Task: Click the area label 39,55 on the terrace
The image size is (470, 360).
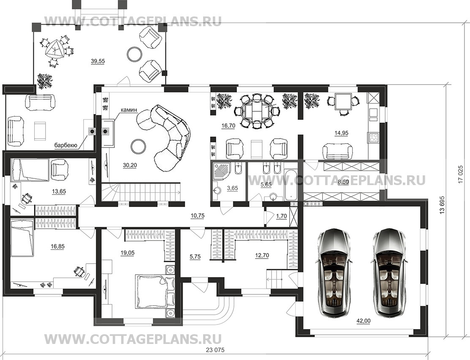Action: (x=98, y=61)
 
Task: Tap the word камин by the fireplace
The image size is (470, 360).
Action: (x=129, y=110)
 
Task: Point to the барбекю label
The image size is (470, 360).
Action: (x=66, y=145)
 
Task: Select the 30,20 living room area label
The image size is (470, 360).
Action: (x=130, y=165)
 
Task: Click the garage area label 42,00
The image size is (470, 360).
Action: (x=363, y=321)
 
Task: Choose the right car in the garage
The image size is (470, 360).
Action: (x=389, y=273)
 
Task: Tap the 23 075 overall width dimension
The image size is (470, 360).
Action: (x=215, y=350)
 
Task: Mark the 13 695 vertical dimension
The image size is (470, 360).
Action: (x=442, y=206)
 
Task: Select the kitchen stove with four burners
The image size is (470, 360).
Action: (x=374, y=138)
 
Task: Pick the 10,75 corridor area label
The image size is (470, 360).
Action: (x=198, y=215)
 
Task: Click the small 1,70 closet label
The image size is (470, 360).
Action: (x=281, y=216)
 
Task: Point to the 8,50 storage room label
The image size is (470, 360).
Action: (x=343, y=182)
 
